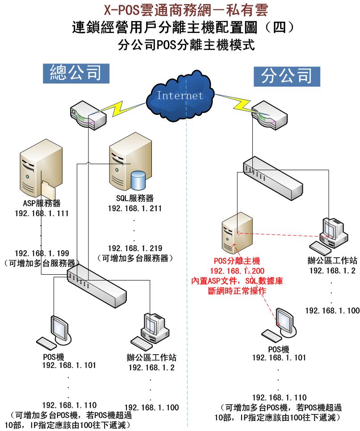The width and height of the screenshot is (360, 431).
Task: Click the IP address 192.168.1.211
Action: click(x=134, y=208)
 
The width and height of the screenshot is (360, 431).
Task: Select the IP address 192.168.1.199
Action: click(x=42, y=253)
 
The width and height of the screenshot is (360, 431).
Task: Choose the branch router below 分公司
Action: click(x=268, y=117)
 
